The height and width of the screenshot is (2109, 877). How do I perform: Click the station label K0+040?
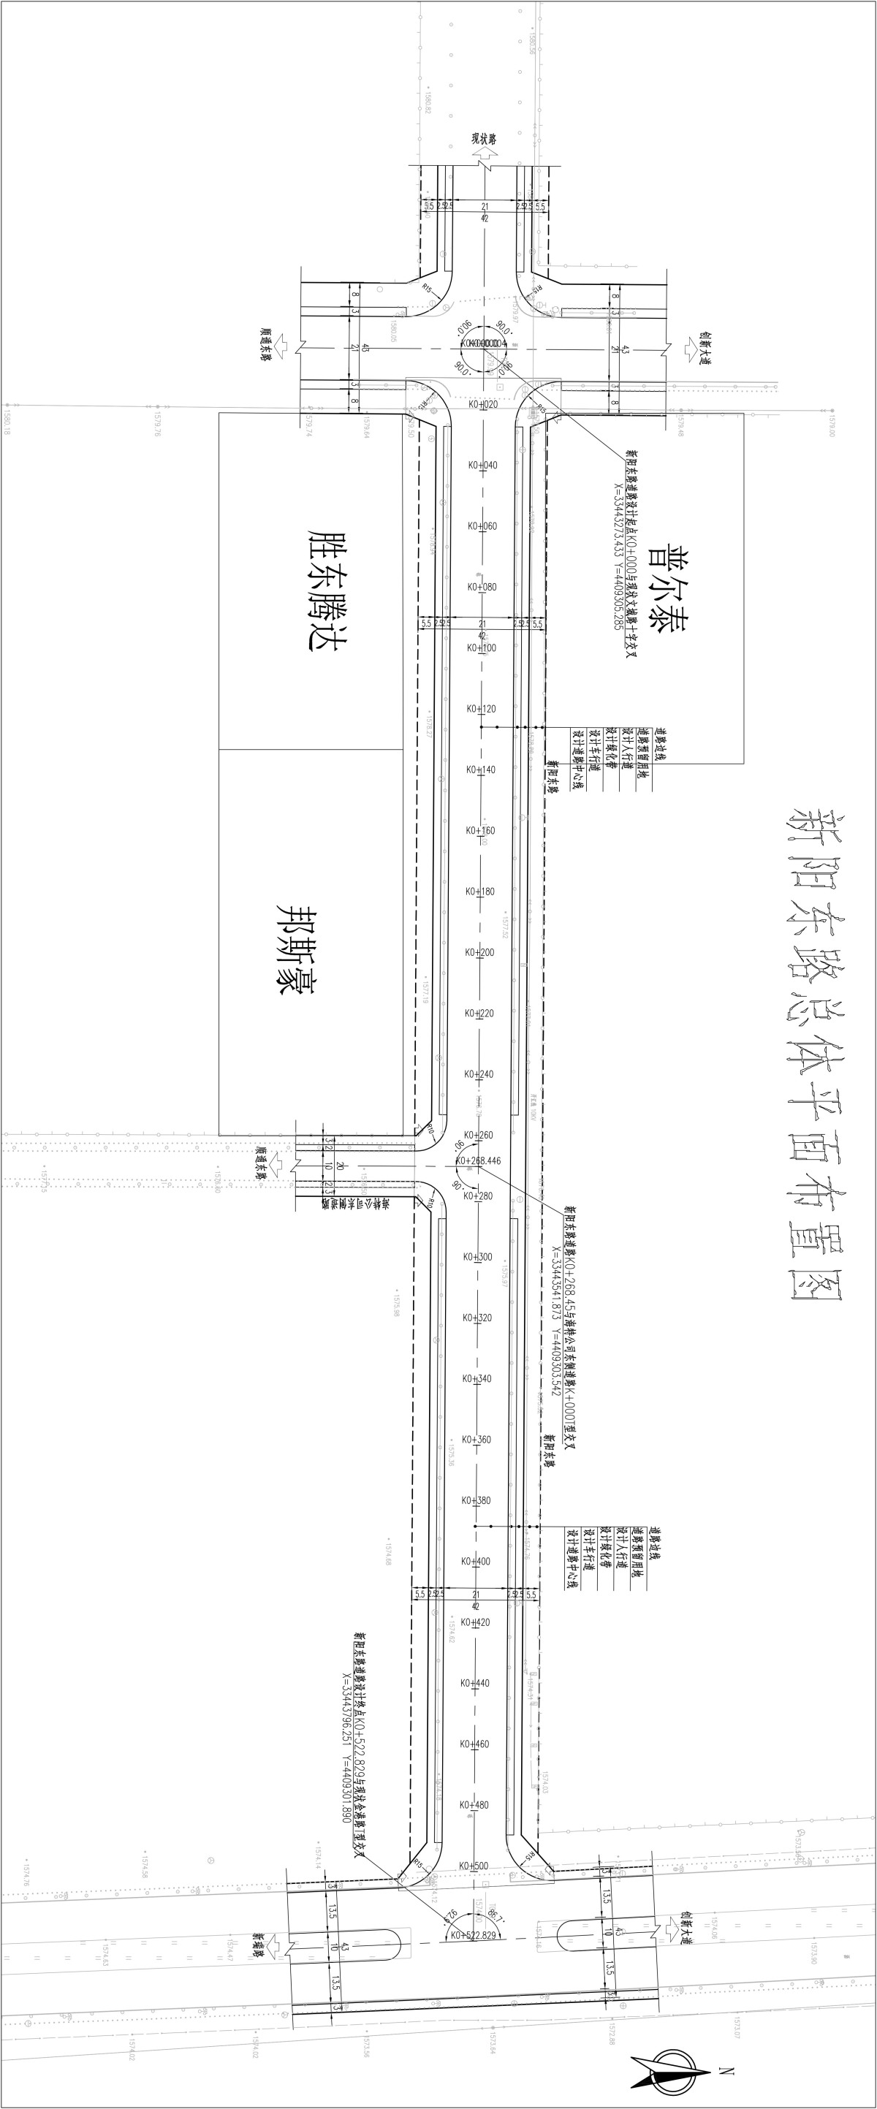tap(482, 465)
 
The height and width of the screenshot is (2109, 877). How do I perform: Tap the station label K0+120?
tap(482, 708)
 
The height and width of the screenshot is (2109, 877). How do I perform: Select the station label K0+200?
tap(481, 952)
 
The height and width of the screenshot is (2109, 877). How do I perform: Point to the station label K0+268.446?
tap(478, 1160)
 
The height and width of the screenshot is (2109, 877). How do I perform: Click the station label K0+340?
tap(477, 1378)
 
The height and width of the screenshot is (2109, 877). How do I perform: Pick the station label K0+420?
tap(476, 1622)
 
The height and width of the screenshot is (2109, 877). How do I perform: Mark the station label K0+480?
tap(474, 1804)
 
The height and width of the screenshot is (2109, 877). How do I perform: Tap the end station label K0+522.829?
tap(474, 1934)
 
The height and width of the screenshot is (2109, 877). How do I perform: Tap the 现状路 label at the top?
tap(483, 139)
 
